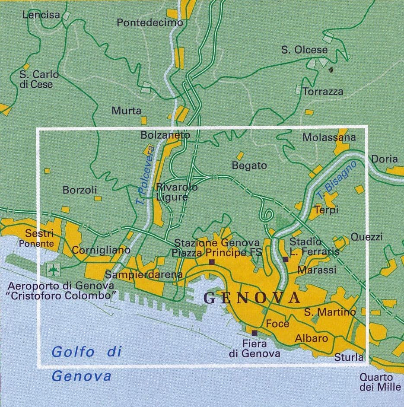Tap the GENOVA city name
(x=251, y=298)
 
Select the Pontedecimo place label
(x=150, y=22)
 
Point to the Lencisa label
(x=41, y=15)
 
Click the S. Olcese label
(x=304, y=50)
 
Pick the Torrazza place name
(x=323, y=92)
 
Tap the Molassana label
(x=329, y=138)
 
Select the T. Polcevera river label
(x=145, y=175)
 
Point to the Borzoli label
(x=80, y=190)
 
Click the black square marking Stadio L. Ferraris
(x=285, y=259)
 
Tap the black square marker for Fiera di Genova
(x=254, y=333)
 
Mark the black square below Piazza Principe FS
(x=211, y=262)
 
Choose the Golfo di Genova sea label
(x=82, y=363)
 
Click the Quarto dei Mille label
(x=380, y=382)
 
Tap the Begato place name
(x=249, y=165)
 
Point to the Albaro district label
(x=311, y=338)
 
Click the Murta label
(x=126, y=111)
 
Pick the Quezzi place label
(x=366, y=237)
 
